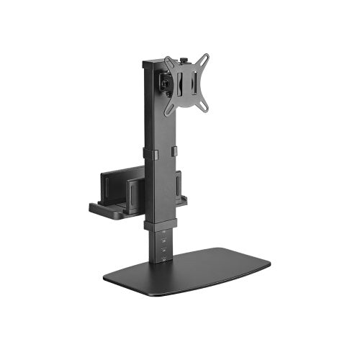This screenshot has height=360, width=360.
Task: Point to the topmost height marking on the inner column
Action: point(163,231)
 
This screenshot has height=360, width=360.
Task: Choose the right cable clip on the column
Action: point(173,150)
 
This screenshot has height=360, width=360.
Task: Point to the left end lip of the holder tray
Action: point(94,208)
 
